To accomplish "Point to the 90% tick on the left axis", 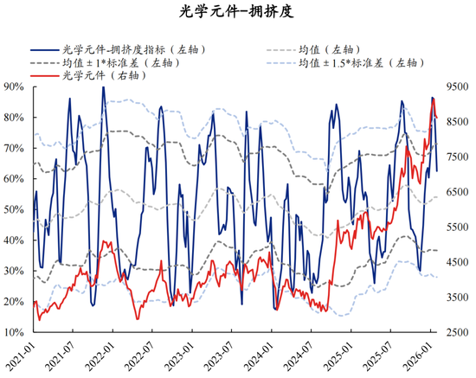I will (x=14, y=86).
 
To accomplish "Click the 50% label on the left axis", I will (x=14, y=209).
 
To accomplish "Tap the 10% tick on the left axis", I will (x=14, y=332).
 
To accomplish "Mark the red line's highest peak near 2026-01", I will (x=433, y=99).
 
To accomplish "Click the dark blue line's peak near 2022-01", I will (x=103, y=86).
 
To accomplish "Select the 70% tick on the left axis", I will (x=14, y=148).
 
